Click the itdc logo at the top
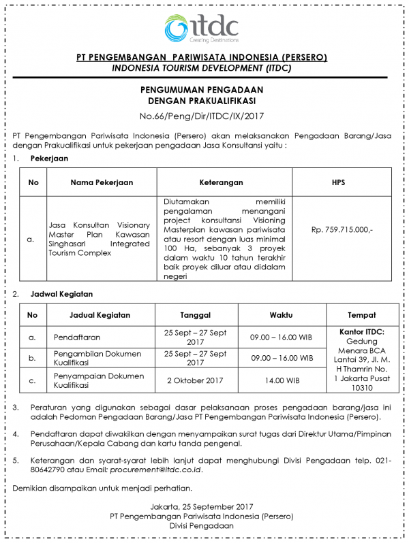(202, 29)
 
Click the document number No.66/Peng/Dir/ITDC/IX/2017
(201, 115)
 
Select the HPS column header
(338, 182)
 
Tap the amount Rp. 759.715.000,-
(342, 230)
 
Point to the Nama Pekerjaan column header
(102, 182)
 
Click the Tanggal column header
(196, 315)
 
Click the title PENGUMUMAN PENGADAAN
(201, 89)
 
